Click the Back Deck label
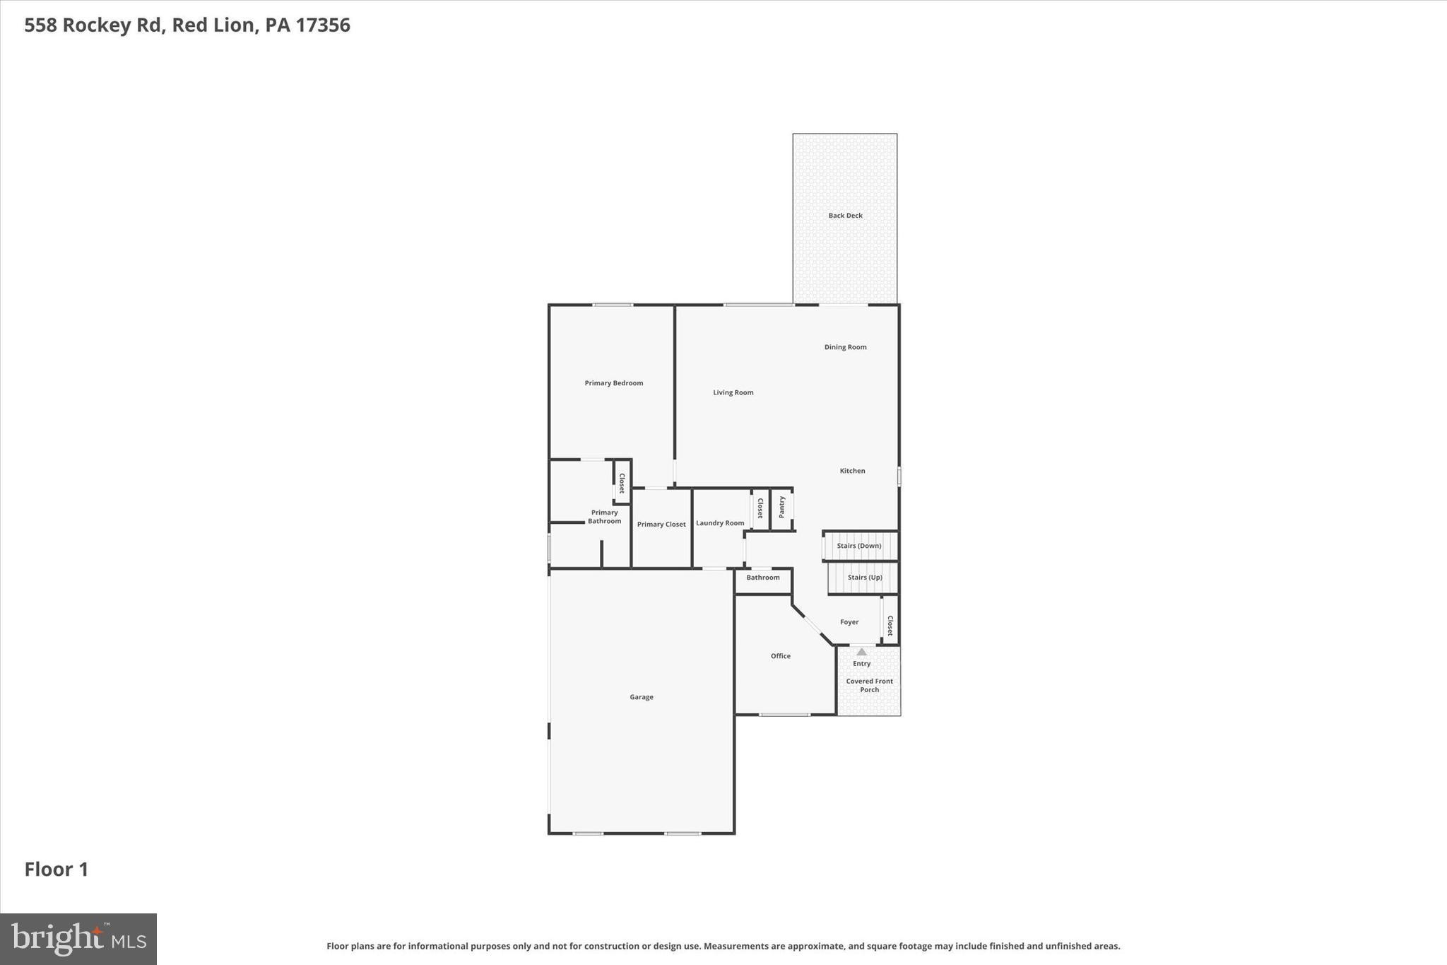coord(845,216)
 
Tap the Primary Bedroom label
coord(613,383)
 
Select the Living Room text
coord(733,392)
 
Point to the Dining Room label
coord(845,347)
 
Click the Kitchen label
coord(852,471)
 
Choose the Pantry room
coord(781,508)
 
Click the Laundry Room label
coord(719,523)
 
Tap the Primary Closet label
coord(661,525)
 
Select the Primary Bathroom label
coord(604,517)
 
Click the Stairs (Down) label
coord(858,546)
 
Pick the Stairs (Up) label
coord(864,578)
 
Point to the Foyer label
coord(849,622)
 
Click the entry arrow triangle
coord(861,652)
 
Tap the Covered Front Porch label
coord(869,685)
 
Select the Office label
coord(780,656)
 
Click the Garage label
coord(641,697)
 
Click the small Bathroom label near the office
coord(762,578)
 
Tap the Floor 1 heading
coord(57,870)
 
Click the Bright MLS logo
coord(78,939)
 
